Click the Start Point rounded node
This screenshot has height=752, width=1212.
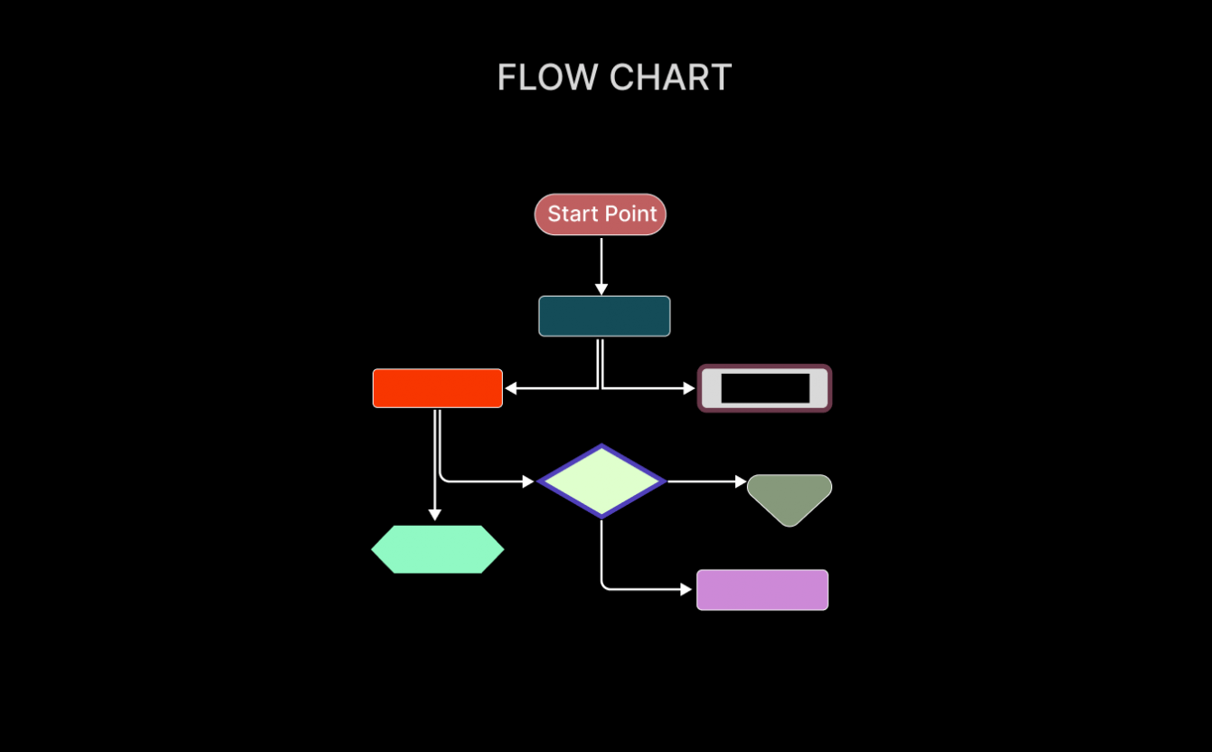point(601,214)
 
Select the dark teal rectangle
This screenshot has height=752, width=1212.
point(604,316)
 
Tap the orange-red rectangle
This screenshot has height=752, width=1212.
point(438,388)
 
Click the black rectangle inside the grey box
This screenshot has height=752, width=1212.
point(765,388)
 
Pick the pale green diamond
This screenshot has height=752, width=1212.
point(601,481)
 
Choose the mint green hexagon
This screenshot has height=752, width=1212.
point(438,549)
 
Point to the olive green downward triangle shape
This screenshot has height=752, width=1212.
point(790,497)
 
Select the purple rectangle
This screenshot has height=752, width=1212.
point(762,590)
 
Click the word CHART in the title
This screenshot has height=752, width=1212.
point(670,78)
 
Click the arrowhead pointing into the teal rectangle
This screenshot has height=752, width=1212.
point(601,290)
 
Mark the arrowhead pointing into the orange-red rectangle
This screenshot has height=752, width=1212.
point(511,388)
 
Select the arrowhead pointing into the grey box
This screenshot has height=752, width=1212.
point(689,388)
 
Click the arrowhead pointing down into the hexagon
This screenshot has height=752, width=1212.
point(435,515)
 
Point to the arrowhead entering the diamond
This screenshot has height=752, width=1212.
point(529,481)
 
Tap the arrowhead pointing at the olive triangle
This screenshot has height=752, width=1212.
point(741,481)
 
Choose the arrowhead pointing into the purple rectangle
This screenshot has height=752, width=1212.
point(686,589)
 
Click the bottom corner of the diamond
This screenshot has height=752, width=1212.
point(601,516)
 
